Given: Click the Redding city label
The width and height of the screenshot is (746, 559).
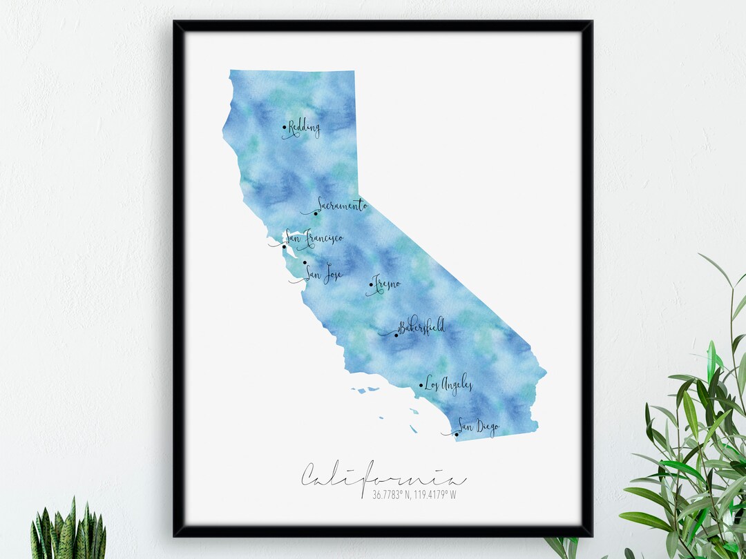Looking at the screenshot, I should click(305, 128).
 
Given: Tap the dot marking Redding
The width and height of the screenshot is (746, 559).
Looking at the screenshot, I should click(285, 127).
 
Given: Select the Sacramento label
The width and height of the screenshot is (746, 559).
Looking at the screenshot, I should click(341, 205).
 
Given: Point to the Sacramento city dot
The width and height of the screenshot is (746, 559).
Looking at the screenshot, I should click(316, 213).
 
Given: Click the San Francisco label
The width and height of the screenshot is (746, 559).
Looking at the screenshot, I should click(314, 238).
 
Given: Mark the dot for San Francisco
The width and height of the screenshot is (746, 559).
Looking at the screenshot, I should click(284, 246).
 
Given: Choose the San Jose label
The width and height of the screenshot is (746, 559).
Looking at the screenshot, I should click(324, 274).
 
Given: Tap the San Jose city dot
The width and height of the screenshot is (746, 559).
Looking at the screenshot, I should click(305, 262).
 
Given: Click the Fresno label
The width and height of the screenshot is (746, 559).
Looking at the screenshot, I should click(387, 283).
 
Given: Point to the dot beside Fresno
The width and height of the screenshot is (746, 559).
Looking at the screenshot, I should click(371, 284).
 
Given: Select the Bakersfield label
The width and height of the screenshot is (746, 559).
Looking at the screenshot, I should click(421, 326).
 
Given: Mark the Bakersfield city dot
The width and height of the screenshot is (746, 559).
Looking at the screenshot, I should click(396, 335).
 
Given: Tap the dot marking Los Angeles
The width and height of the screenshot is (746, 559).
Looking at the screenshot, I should click(421, 386).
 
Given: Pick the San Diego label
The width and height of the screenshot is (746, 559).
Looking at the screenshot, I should click(478, 428).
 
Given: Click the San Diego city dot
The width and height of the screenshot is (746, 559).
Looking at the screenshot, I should click(456, 434).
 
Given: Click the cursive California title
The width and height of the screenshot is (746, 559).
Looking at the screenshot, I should click(383, 475).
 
